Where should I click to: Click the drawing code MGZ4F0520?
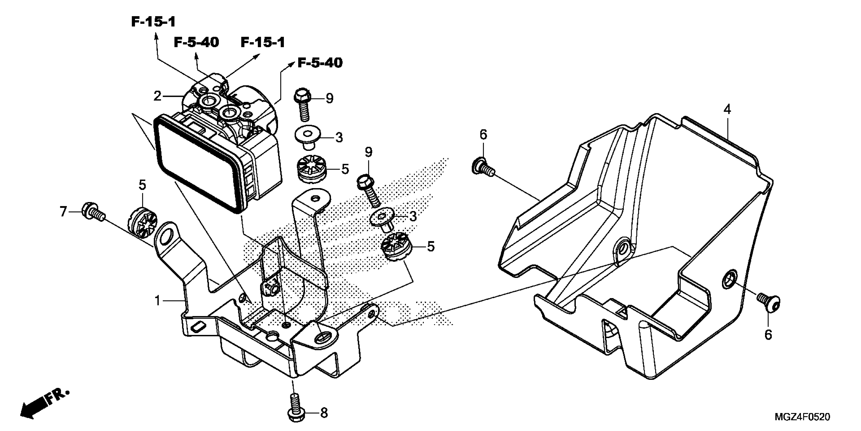[x=803, y=417]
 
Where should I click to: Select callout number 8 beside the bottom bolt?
[x=324, y=413]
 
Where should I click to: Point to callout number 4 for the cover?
[x=727, y=110]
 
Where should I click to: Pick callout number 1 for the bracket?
[x=158, y=301]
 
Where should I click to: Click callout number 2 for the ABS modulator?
[x=158, y=96]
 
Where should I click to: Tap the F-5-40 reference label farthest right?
[x=320, y=63]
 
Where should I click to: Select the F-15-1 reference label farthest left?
[x=153, y=22]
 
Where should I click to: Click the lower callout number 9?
[x=368, y=152]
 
